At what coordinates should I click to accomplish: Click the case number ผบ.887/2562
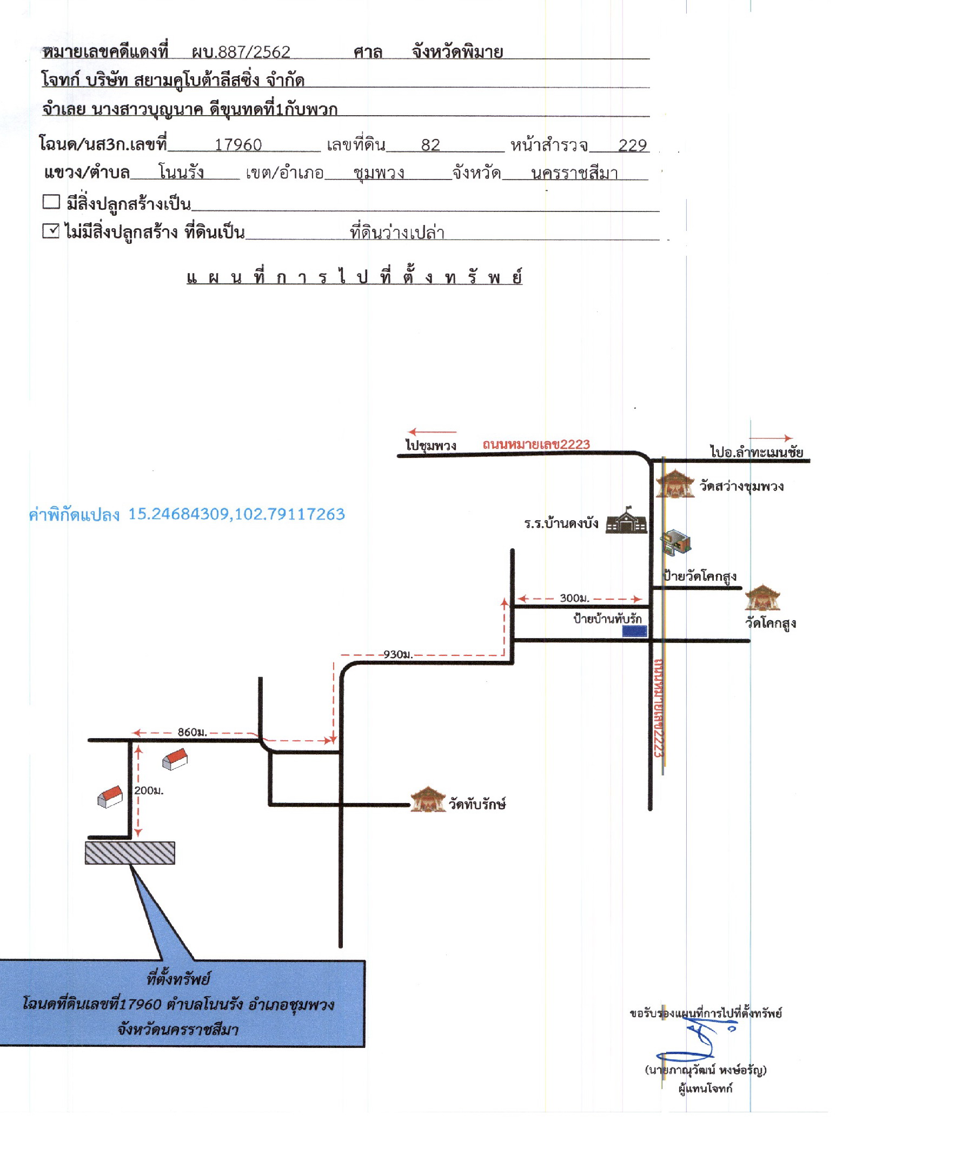pyautogui.click(x=241, y=52)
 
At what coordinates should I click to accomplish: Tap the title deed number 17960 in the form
pyautogui.click(x=237, y=145)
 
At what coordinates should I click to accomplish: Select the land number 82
pyautogui.click(x=430, y=145)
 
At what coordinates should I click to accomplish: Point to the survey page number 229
pyautogui.click(x=632, y=145)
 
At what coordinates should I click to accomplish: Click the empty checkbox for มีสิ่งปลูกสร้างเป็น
pyautogui.click(x=51, y=201)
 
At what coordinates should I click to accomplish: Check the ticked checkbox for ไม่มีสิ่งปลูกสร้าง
pyautogui.click(x=51, y=230)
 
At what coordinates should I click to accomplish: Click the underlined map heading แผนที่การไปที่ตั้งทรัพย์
pyautogui.click(x=354, y=276)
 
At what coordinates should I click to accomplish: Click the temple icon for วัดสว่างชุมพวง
pyautogui.click(x=675, y=483)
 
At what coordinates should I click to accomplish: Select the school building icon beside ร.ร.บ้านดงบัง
pyautogui.click(x=626, y=520)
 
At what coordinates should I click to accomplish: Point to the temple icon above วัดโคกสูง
pyautogui.click(x=762, y=598)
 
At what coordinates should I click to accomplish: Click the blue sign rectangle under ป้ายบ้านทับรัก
pyautogui.click(x=634, y=631)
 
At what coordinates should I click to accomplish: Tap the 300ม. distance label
pyautogui.click(x=574, y=598)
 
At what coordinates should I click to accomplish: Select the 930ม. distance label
pyautogui.click(x=397, y=655)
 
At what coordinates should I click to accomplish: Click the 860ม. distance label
pyautogui.click(x=192, y=732)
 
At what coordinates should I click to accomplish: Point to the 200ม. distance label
pyautogui.click(x=149, y=791)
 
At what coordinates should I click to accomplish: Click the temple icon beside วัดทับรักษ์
pyautogui.click(x=428, y=800)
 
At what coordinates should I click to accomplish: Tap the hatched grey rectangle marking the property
pyautogui.click(x=130, y=853)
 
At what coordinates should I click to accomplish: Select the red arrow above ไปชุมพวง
pyautogui.click(x=432, y=432)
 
